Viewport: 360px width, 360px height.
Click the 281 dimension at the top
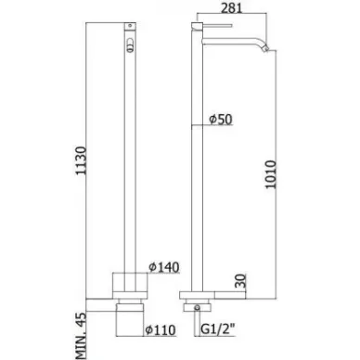click(232, 7)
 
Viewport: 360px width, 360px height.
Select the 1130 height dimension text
click(81, 161)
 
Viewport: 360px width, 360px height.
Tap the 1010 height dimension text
click(271, 174)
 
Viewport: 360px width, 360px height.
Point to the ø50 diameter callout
click(221, 119)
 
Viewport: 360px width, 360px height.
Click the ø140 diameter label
click(164, 267)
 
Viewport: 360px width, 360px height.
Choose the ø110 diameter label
click(161, 330)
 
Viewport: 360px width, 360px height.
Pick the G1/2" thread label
click(218, 329)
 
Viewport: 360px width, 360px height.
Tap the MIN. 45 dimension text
click(81, 336)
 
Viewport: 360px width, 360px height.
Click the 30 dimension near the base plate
click(241, 280)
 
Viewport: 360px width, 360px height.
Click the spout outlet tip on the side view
click(266, 49)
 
